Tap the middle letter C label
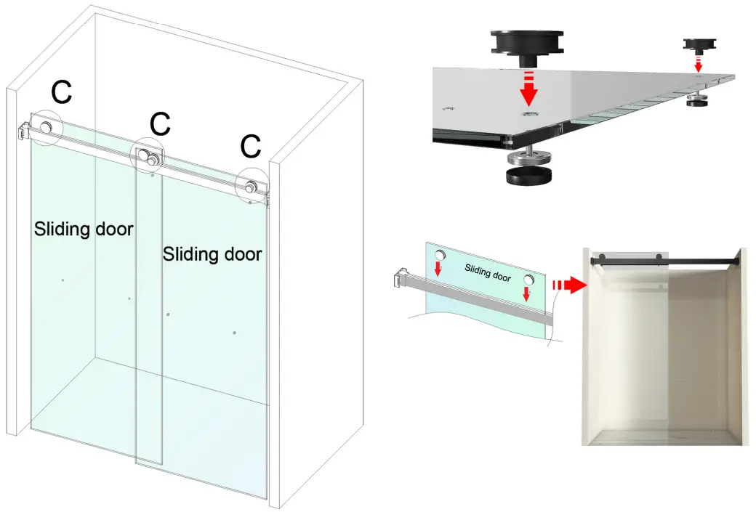coord(160,123)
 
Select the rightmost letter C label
coord(251,146)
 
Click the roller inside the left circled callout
coord(47,128)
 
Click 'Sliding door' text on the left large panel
coord(84,229)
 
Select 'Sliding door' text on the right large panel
coord(212,254)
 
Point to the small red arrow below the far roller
coord(699,65)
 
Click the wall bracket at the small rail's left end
coord(401,278)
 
